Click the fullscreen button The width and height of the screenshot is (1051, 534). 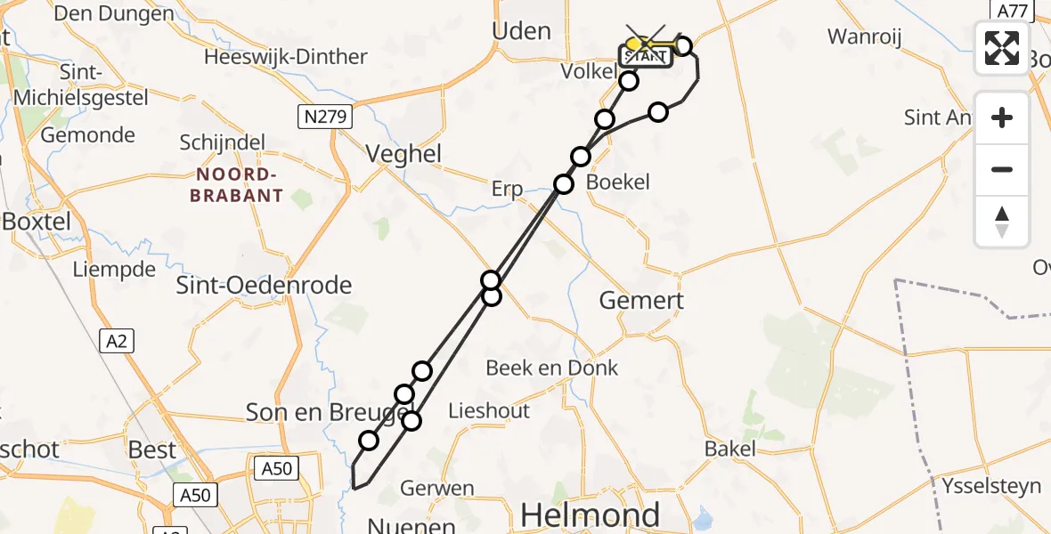point(1002,48)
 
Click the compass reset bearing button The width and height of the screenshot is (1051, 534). point(1002,221)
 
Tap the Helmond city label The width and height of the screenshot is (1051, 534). point(590,514)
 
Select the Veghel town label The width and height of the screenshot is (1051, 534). point(403,154)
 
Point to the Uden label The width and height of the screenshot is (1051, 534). point(521,31)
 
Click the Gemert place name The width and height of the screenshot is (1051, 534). point(641,300)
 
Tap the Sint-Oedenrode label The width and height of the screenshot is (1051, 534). point(265,285)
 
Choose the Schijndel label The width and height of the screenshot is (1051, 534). point(222,142)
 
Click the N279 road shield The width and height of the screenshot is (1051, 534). point(325,116)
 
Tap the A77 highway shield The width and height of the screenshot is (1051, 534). point(1013,11)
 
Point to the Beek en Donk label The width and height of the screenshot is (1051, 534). point(552,368)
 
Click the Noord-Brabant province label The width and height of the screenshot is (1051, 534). point(236,184)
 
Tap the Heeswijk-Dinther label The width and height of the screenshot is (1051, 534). point(285,57)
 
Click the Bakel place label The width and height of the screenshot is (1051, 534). point(729,448)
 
